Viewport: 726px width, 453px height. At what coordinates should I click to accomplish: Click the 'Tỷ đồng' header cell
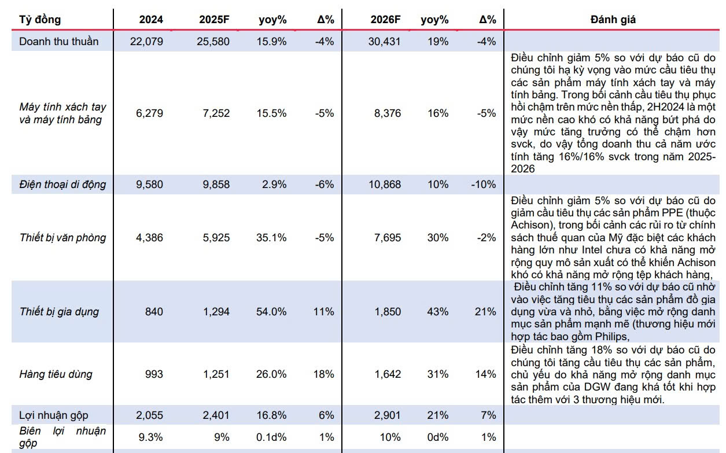pyautogui.click(x=40, y=20)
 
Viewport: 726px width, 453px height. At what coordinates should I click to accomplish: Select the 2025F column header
pyautogui.click(x=213, y=20)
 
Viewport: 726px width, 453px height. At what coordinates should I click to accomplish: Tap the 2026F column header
pyautogui.click(x=385, y=20)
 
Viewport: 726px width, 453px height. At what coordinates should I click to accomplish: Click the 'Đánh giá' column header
pyautogui.click(x=613, y=20)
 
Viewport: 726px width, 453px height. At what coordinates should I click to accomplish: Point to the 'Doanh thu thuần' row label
pyautogui.click(x=58, y=42)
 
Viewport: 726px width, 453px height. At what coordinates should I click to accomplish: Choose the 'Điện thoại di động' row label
pyautogui.click(x=62, y=185)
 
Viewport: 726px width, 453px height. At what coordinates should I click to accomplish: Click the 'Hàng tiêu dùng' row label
pyautogui.click(x=56, y=374)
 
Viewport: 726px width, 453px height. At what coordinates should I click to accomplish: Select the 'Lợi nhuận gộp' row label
pyautogui.click(x=53, y=415)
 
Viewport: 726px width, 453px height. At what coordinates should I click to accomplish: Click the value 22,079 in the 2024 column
pyautogui.click(x=146, y=42)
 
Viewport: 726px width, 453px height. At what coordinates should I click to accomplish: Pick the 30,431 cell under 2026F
pyautogui.click(x=384, y=42)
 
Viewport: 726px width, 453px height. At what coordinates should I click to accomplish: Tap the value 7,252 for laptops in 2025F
pyautogui.click(x=216, y=113)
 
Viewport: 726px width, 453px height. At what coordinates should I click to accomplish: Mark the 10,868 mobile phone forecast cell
pyautogui.click(x=384, y=185)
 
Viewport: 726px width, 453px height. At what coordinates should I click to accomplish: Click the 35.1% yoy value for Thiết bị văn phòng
pyautogui.click(x=271, y=238)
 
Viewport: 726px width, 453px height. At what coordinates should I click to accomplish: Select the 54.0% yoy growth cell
pyautogui.click(x=271, y=312)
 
